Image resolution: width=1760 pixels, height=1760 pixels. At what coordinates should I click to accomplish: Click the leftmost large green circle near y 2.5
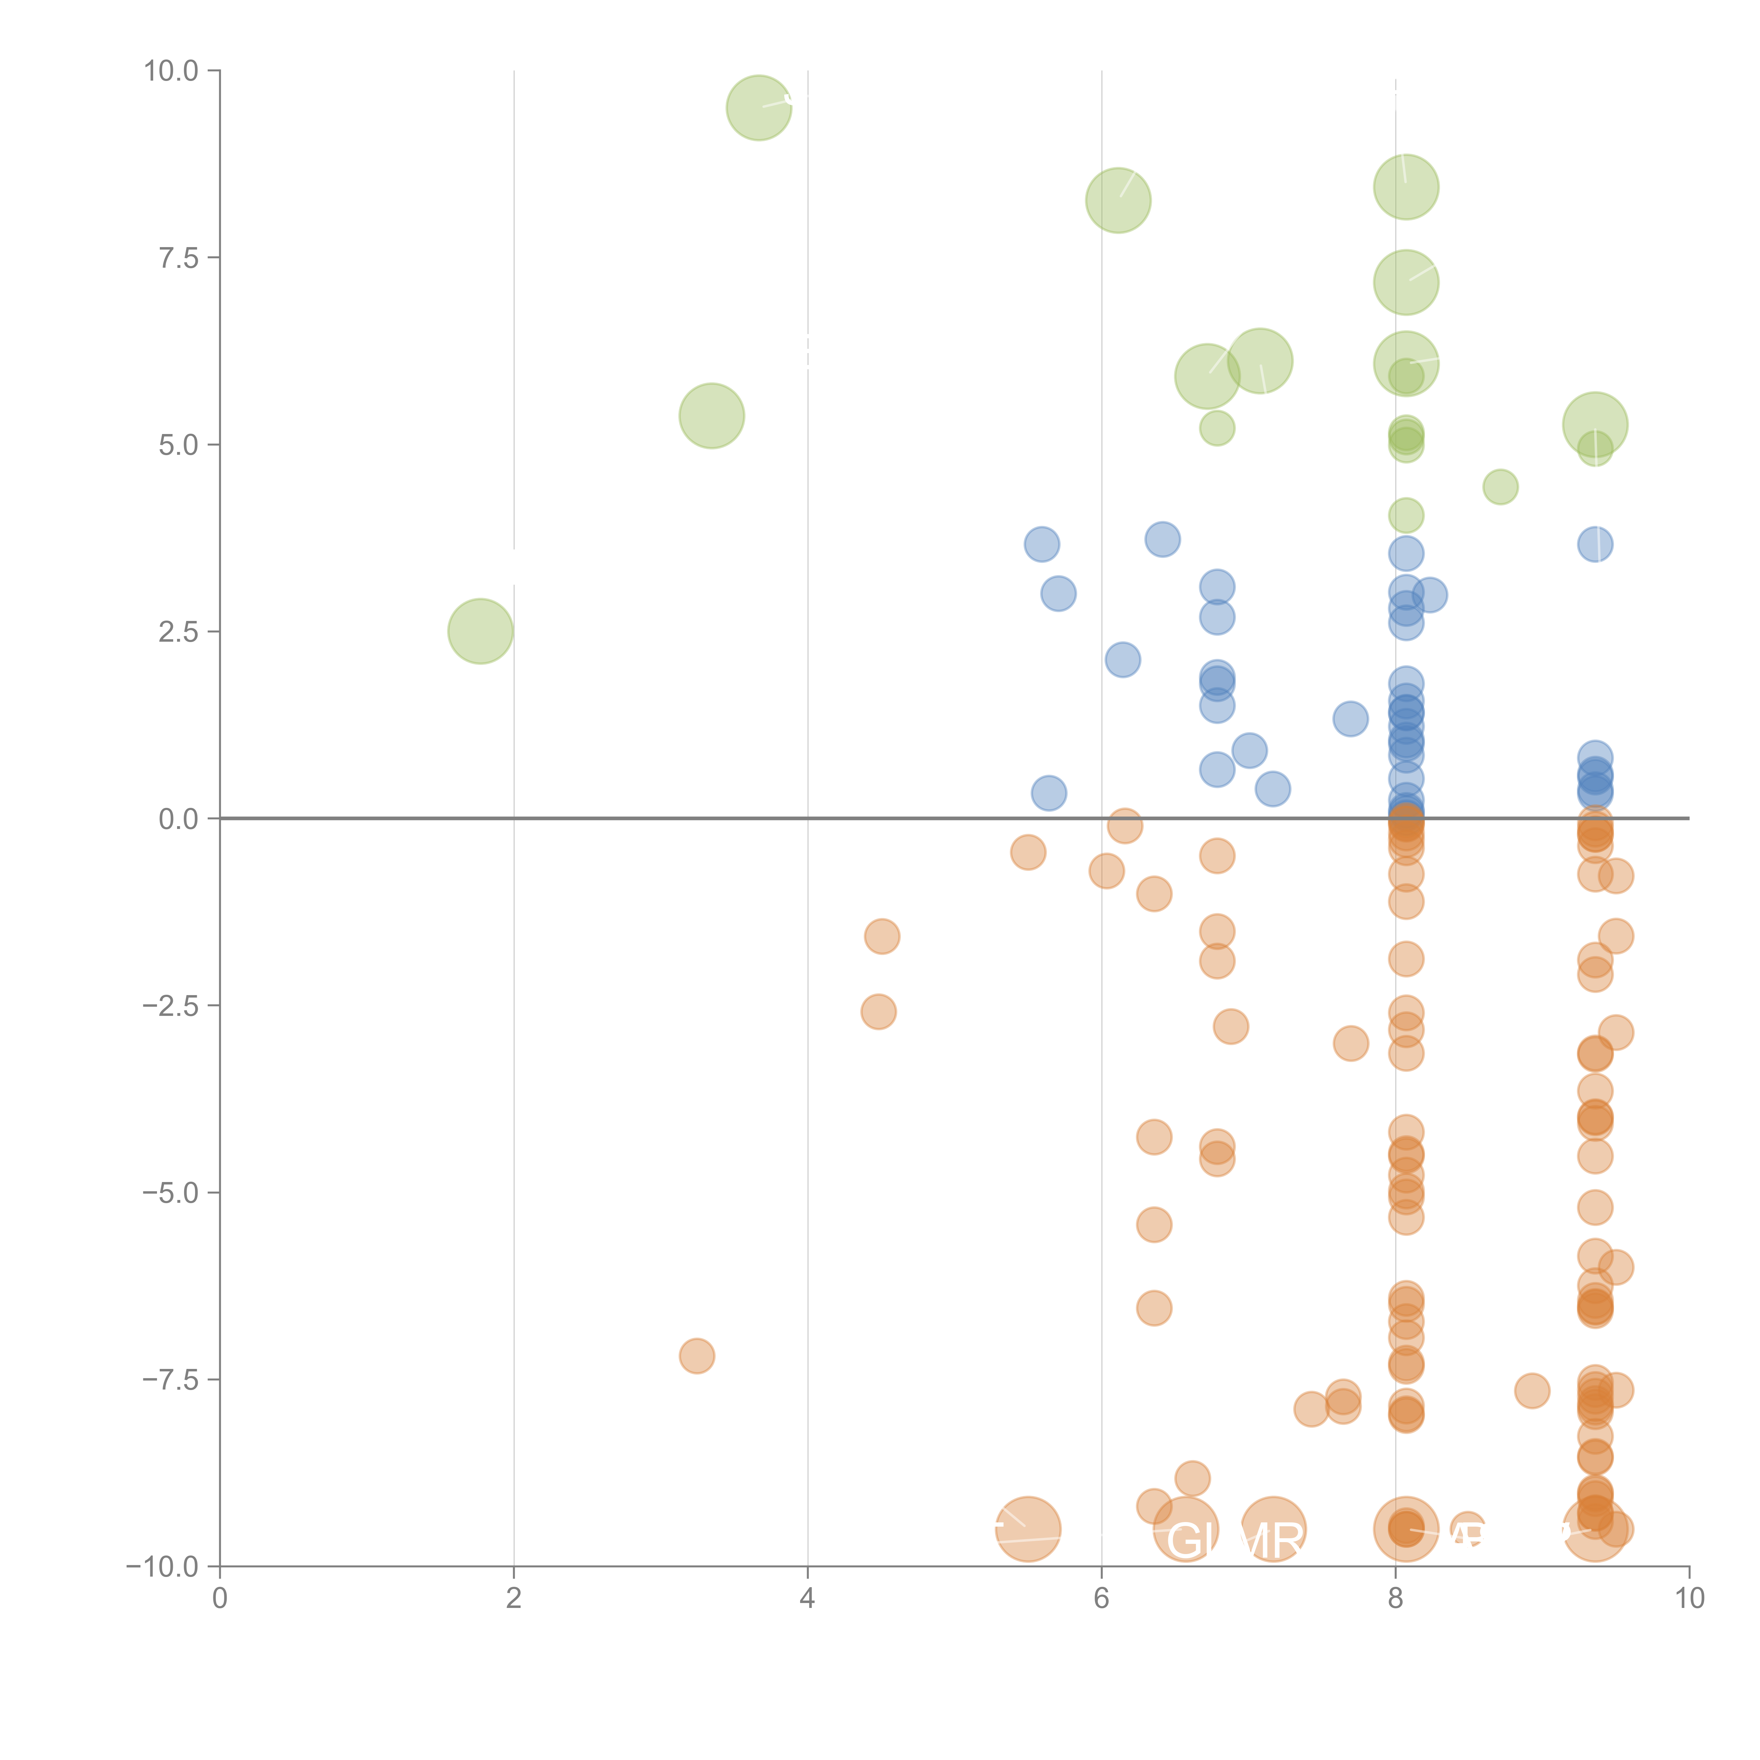click(x=480, y=631)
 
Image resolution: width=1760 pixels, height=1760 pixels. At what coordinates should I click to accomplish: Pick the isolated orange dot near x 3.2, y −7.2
click(x=697, y=1356)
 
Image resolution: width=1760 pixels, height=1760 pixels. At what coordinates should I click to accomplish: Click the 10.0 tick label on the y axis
click(x=171, y=71)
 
